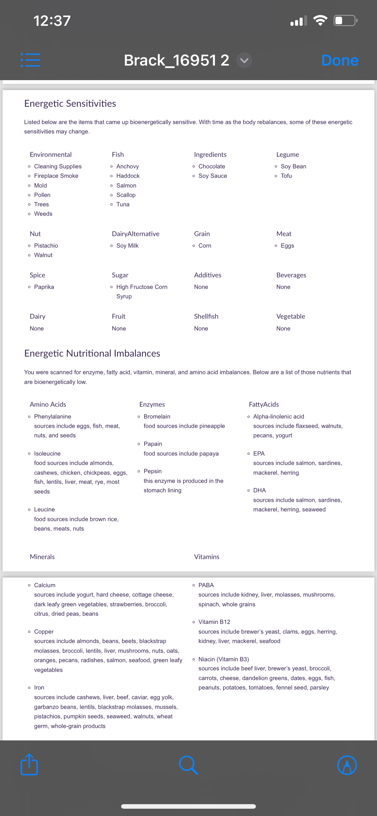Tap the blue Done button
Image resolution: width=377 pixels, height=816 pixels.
click(x=340, y=60)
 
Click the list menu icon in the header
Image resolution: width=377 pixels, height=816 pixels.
click(x=30, y=60)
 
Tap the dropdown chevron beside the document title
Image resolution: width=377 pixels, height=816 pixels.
click(x=244, y=60)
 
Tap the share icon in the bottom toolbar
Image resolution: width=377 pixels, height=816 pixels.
click(x=29, y=765)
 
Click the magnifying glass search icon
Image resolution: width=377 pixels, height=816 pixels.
click(x=188, y=765)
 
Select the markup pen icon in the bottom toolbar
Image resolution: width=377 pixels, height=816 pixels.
click(x=347, y=765)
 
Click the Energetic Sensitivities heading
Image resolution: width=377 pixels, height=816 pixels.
click(x=70, y=104)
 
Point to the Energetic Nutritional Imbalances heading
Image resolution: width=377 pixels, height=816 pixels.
click(x=92, y=353)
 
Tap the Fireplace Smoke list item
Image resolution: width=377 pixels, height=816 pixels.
click(x=56, y=176)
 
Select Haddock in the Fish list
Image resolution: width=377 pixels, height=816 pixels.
click(x=128, y=176)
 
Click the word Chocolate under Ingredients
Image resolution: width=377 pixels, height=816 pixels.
click(x=212, y=166)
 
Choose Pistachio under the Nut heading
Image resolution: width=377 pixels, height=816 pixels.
click(x=46, y=246)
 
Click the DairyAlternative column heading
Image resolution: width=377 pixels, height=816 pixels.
click(x=136, y=234)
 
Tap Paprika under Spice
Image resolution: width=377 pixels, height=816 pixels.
click(x=44, y=287)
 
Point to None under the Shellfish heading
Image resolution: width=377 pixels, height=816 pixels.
click(x=201, y=328)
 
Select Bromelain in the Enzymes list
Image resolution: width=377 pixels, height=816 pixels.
click(x=157, y=416)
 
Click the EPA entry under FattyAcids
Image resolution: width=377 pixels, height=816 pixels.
click(x=259, y=453)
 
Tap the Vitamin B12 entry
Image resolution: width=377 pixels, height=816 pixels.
click(x=214, y=622)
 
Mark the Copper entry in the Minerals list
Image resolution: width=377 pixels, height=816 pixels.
click(x=44, y=631)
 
